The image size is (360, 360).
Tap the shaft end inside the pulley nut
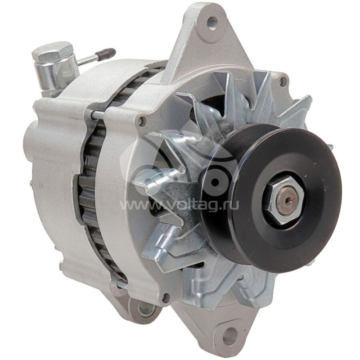(284, 198)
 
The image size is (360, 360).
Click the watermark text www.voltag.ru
(180, 205)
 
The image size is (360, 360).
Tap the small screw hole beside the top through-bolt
(143, 121)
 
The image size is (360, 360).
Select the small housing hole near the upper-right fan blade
(283, 81)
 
